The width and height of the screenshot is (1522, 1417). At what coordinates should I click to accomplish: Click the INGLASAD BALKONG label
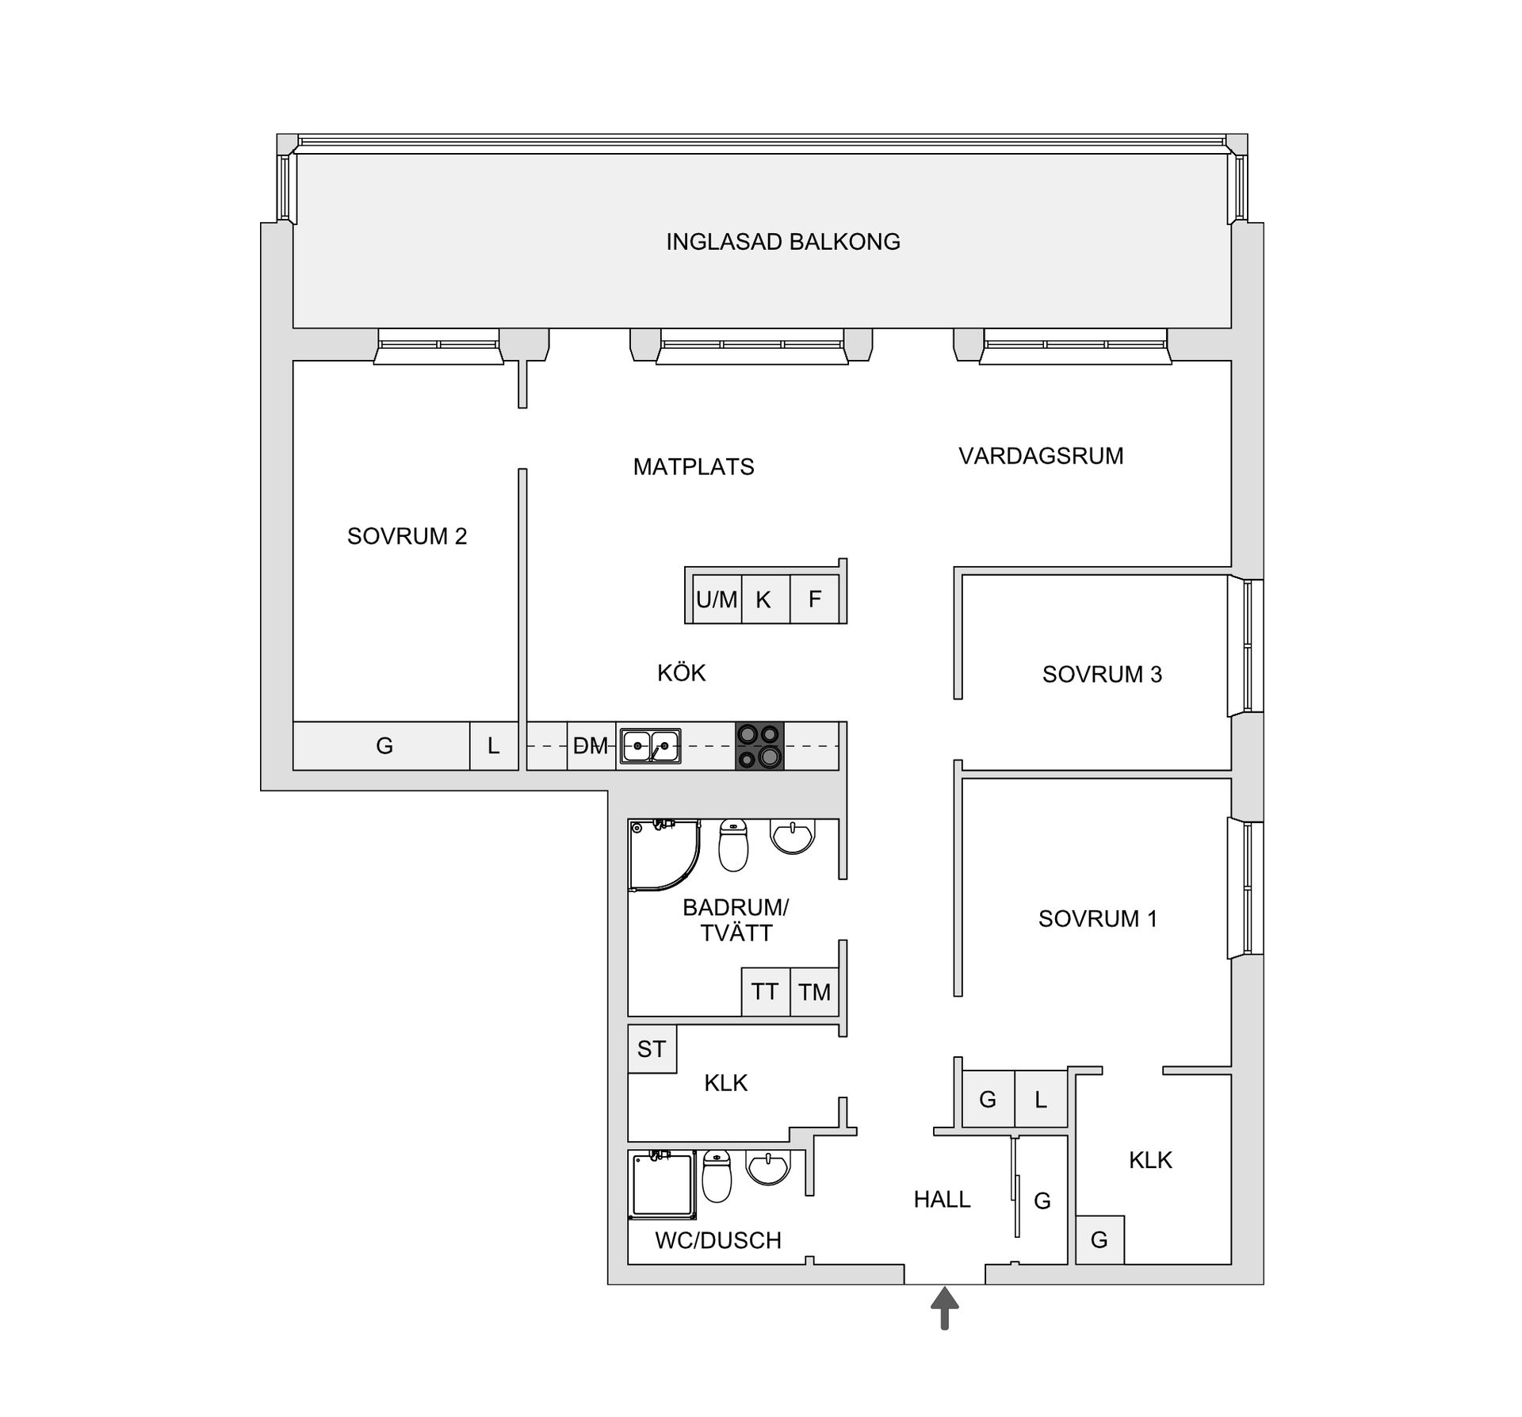click(x=782, y=242)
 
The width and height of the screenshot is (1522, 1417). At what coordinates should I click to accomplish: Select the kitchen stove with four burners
click(x=759, y=745)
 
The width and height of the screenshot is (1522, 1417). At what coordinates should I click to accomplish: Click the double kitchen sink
click(x=650, y=745)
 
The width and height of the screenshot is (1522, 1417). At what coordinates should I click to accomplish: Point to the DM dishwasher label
click(x=591, y=745)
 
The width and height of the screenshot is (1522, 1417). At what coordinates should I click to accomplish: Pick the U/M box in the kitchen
click(x=717, y=599)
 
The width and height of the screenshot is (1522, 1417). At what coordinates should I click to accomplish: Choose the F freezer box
click(x=815, y=599)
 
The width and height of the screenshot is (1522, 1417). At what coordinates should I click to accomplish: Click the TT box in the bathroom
click(x=765, y=991)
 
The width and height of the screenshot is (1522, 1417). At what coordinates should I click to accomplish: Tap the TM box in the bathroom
click(x=814, y=991)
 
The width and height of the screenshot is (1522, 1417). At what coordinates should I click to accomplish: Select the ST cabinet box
click(x=652, y=1049)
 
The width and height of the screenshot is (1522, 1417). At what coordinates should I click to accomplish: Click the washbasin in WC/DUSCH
click(x=768, y=1167)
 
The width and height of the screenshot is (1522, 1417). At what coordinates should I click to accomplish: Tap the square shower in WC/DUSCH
click(x=662, y=1185)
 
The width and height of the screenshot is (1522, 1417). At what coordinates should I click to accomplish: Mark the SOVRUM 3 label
click(x=1102, y=674)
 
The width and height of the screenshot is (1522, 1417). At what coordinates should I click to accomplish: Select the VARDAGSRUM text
click(x=1041, y=456)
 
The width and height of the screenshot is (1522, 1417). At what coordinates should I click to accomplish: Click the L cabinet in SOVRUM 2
click(x=493, y=745)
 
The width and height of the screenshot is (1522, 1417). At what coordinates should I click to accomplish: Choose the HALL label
click(x=942, y=1199)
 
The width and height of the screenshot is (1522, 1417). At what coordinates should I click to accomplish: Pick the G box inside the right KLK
click(x=1099, y=1239)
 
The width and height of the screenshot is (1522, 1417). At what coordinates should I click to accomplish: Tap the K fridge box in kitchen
click(x=763, y=599)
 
